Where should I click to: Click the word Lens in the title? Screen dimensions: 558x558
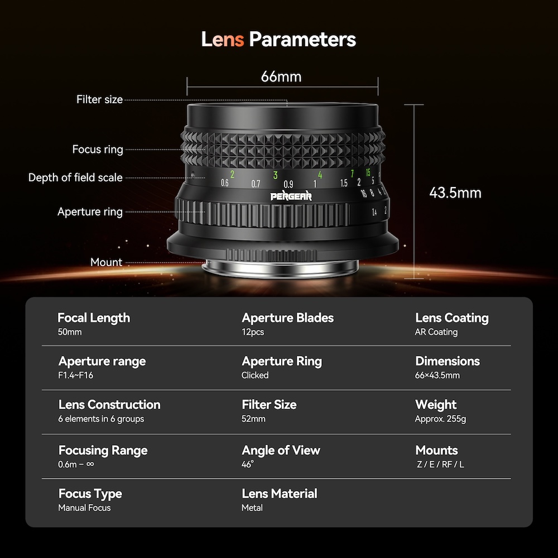pyautogui.click(x=223, y=39)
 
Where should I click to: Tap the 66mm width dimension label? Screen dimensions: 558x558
pyautogui.click(x=281, y=76)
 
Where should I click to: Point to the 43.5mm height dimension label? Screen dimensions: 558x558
pyautogui.click(x=455, y=193)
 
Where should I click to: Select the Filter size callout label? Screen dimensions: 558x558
pyautogui.click(x=100, y=99)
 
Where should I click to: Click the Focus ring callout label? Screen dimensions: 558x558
pyautogui.click(x=98, y=149)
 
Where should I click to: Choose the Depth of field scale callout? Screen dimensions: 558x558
pyautogui.click(x=75, y=177)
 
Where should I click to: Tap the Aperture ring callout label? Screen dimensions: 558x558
pyautogui.click(x=90, y=211)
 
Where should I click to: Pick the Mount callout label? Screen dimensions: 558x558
pyautogui.click(x=107, y=262)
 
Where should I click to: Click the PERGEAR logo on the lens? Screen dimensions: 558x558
pyautogui.click(x=291, y=196)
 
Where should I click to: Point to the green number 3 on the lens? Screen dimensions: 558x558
pyautogui.click(x=276, y=175)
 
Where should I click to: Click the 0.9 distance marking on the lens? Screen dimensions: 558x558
pyautogui.click(x=288, y=184)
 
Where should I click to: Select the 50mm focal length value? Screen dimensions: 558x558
pyautogui.click(x=70, y=332)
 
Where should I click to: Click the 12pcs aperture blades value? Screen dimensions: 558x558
pyautogui.click(x=253, y=332)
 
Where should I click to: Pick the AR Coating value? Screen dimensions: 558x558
pyautogui.click(x=436, y=332)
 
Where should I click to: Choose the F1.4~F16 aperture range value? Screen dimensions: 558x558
pyautogui.click(x=75, y=375)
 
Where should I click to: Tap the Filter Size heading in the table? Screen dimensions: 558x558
pyautogui.click(x=269, y=405)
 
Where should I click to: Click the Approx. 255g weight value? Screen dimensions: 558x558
pyautogui.click(x=441, y=419)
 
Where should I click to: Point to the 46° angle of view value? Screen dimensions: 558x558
pyautogui.click(x=248, y=464)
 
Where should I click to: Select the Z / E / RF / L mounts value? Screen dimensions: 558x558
pyautogui.click(x=441, y=464)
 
